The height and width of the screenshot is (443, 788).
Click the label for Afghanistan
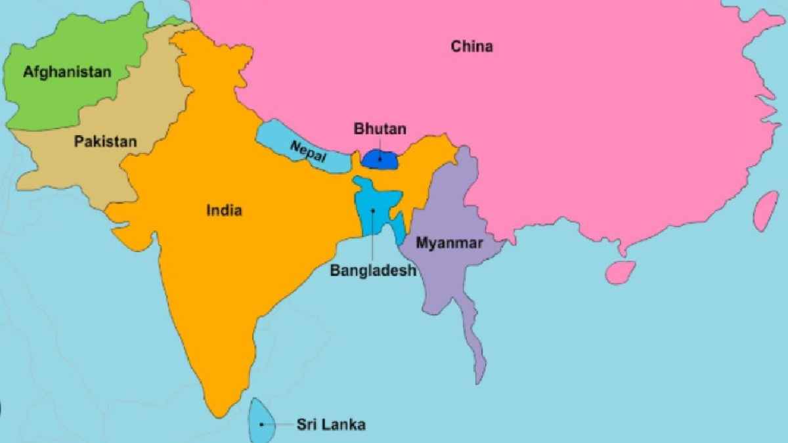pos(67,72)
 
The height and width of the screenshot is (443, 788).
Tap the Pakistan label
pos(105,141)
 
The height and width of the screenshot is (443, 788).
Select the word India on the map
pos(224,211)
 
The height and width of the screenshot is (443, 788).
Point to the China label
pos(471,47)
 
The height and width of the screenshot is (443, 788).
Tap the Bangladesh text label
pos(373,270)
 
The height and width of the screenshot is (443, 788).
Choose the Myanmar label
pos(450,243)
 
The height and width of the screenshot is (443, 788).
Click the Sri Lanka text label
pos(330,424)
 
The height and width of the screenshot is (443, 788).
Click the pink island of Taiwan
pos(766,210)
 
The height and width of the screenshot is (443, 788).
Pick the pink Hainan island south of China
pos(620,271)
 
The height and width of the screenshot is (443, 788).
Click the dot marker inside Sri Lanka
pos(261,424)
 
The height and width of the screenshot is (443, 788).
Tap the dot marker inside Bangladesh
pos(373,211)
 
